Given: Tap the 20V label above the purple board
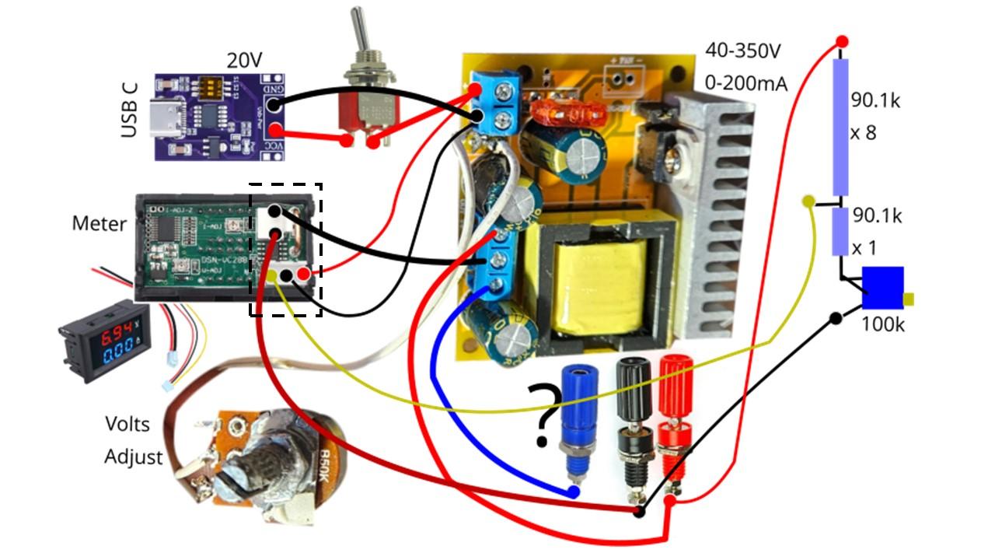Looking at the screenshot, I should tap(243, 60).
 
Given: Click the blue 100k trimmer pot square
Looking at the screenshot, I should tap(882, 288).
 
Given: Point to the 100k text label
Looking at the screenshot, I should tap(882, 324).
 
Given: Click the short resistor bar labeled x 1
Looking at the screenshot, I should tap(840, 231).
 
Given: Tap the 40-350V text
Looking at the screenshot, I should tap(742, 52).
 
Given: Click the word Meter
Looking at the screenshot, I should tap(99, 224).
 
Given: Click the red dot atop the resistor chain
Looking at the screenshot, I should tap(841, 40).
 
